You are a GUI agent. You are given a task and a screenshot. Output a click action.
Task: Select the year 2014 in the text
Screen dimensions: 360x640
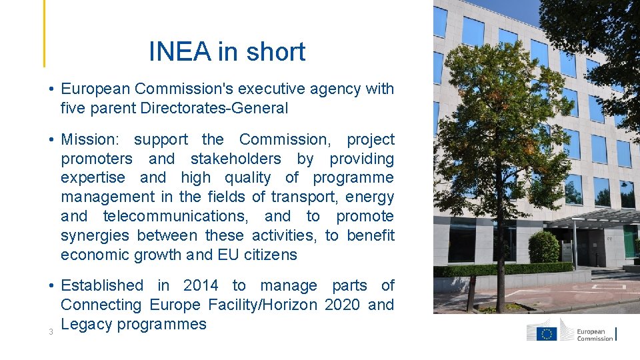pyautogui.click(x=201, y=285)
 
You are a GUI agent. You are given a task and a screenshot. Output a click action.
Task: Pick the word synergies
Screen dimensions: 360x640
pyautogui.click(x=95, y=235)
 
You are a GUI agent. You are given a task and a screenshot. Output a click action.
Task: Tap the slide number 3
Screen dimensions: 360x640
pyautogui.click(x=51, y=332)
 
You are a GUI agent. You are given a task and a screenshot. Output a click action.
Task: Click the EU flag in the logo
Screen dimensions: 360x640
pyautogui.click(x=547, y=333)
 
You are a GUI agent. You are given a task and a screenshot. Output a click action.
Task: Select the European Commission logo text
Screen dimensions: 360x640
pyautogui.click(x=595, y=334)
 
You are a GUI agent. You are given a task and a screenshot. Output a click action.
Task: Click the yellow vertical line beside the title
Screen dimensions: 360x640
pyautogui.click(x=45, y=33)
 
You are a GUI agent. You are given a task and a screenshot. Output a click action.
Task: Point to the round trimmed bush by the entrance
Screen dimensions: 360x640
pyautogui.click(x=543, y=247)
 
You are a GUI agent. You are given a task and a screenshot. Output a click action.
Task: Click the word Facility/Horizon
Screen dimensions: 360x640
pyautogui.click(x=265, y=305)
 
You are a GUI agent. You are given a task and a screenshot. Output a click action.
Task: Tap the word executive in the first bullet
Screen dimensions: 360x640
pyautogui.click(x=262, y=89)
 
